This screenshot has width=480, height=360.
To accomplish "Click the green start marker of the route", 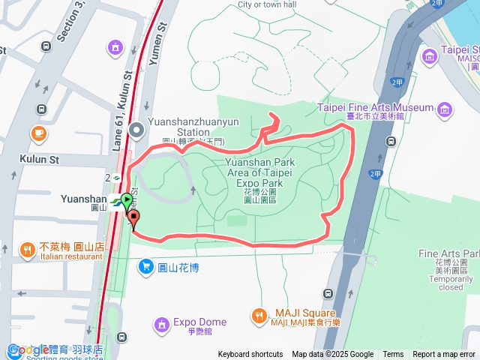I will [x=127, y=201].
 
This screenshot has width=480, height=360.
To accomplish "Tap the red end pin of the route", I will [x=134, y=218].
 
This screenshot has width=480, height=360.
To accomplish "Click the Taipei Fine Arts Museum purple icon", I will [x=445, y=109].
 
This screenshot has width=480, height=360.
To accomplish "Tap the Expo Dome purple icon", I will [x=161, y=325].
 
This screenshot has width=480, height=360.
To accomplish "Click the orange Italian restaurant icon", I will [x=27, y=249].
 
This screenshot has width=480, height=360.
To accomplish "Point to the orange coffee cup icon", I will [x=37, y=133].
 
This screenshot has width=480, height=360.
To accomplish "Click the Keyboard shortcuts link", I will [x=250, y=355].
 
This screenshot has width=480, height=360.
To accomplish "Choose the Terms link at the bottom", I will [x=393, y=355].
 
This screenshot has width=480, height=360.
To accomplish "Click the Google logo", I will [x=28, y=350].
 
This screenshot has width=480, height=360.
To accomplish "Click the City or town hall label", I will [x=267, y=4].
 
